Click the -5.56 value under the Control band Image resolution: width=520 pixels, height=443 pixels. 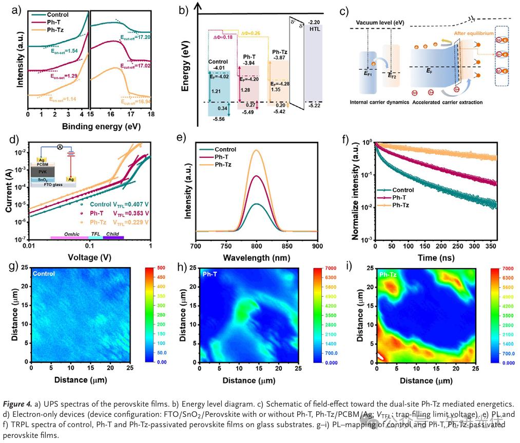218,118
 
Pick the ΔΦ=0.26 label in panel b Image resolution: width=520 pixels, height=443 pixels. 250,33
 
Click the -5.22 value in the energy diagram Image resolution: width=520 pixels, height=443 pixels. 314,105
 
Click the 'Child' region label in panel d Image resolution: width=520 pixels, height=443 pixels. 112,234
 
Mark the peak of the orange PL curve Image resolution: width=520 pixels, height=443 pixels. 257,150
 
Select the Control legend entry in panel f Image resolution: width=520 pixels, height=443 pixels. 402,189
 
